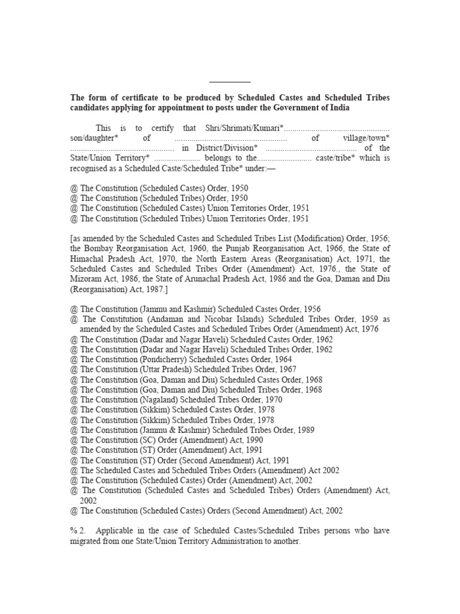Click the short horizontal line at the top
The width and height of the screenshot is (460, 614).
pos(230,82)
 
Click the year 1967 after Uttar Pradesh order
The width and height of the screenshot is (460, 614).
pos(286,369)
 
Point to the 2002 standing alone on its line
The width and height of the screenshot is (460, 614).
pos(89,500)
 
